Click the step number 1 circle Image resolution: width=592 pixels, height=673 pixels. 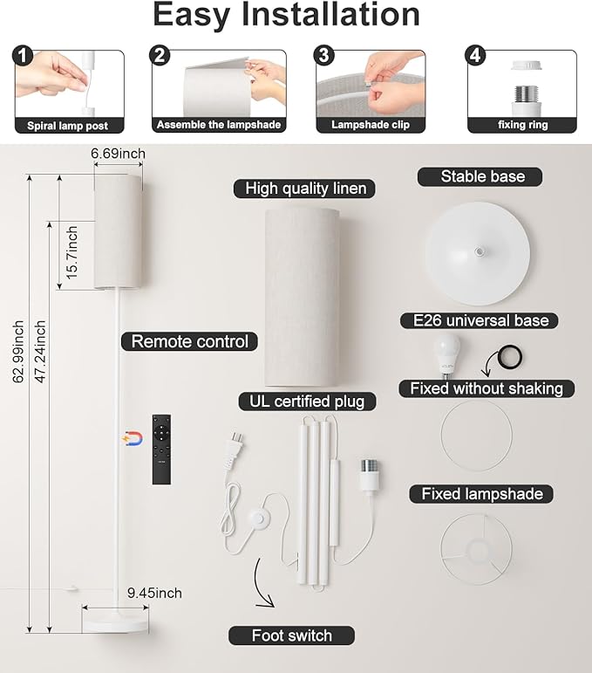click(x=24, y=56)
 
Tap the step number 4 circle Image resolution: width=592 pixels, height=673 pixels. click(x=475, y=56)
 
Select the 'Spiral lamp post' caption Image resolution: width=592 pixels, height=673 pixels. click(x=68, y=126)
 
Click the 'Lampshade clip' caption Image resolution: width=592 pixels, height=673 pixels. click(x=371, y=125)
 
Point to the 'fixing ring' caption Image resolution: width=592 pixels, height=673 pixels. click(x=522, y=125)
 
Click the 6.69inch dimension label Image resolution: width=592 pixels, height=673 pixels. click(x=118, y=154)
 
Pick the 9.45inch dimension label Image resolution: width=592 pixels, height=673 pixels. click(x=154, y=594)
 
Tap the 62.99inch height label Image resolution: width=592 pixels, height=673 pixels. click(x=18, y=352)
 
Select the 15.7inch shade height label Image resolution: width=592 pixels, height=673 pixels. click(x=71, y=253)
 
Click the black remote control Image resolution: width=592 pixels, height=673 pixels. click(x=161, y=450)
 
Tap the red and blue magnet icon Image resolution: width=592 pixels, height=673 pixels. click(x=133, y=439)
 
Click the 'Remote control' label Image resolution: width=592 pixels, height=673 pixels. click(x=189, y=341)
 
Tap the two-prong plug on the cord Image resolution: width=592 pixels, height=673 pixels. click(x=235, y=450)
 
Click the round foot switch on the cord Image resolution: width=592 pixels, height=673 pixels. click(x=261, y=518)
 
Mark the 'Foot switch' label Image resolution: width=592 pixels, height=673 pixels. click(x=291, y=635)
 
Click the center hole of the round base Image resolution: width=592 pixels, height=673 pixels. click(x=478, y=251)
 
